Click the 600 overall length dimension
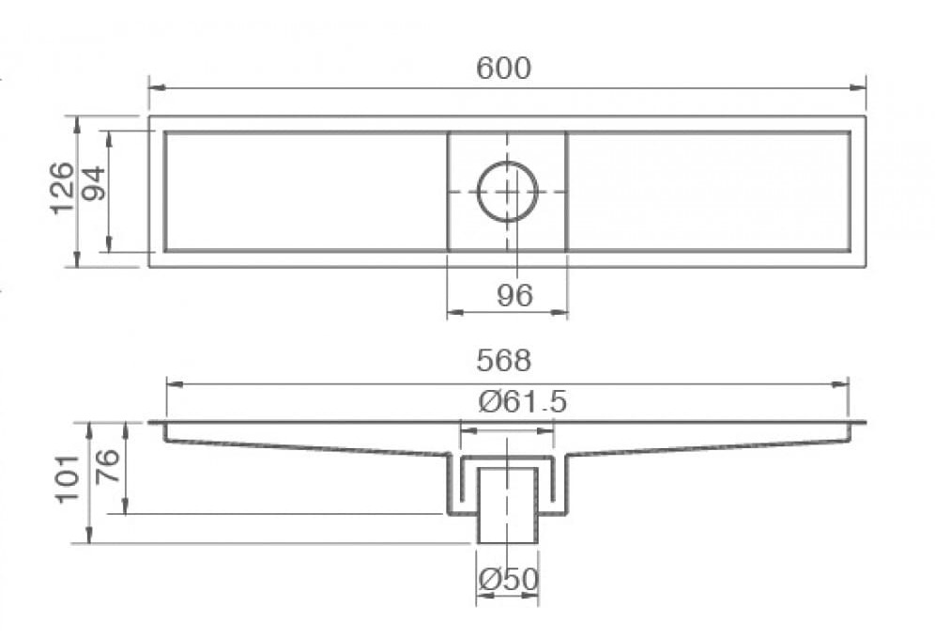(x=503, y=69)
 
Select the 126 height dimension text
(x=62, y=188)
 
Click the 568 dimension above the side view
(x=503, y=360)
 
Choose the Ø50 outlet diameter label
(x=508, y=580)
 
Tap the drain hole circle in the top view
(x=508, y=191)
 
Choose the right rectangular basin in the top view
(x=709, y=191)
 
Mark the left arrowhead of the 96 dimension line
(x=453, y=312)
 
